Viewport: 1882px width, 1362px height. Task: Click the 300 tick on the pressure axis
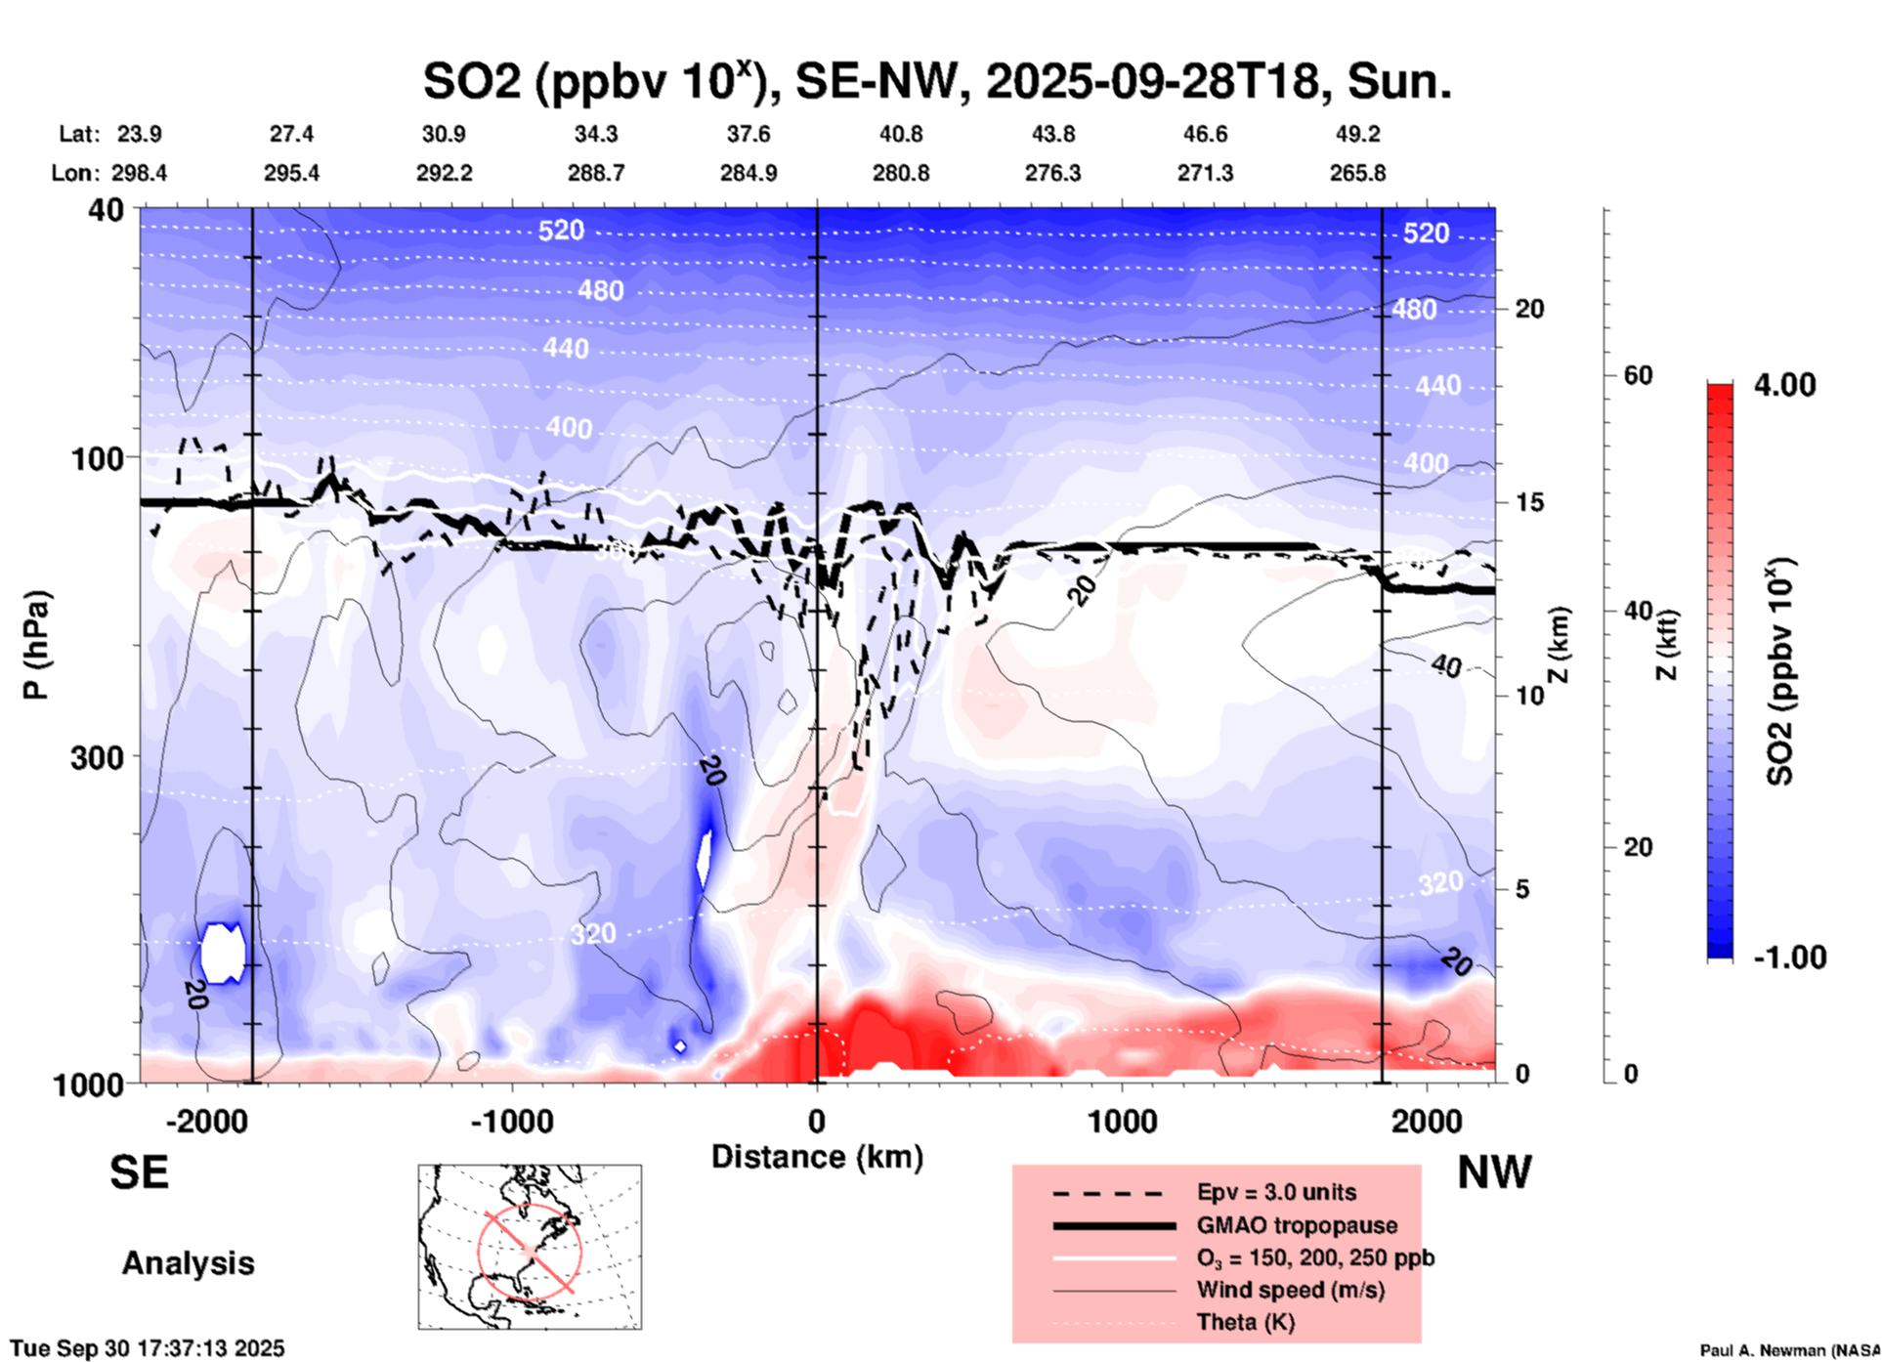tap(98, 757)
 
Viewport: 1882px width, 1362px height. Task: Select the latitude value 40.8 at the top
tap(900, 134)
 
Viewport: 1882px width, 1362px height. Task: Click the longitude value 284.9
tap(749, 173)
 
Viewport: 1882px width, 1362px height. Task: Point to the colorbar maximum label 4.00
tap(1784, 384)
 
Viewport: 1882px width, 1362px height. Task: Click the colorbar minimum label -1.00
tap(1789, 957)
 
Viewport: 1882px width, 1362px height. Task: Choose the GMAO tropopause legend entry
tap(1297, 1225)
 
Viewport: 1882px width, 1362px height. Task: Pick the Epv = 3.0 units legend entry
tap(1276, 1192)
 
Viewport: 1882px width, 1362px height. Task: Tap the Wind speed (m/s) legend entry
tap(1290, 1290)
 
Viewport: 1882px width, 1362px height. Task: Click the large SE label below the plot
tap(139, 1172)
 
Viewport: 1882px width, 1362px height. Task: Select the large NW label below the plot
tap(1494, 1172)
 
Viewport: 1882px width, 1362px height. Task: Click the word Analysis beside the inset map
tap(188, 1263)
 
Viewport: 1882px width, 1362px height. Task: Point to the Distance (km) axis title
tap(817, 1157)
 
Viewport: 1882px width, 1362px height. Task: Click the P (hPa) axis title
tap(36, 645)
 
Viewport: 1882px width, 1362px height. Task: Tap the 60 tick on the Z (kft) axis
tap(1638, 375)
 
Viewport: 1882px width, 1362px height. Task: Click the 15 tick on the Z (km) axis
tap(1529, 502)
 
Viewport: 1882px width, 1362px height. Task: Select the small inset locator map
tap(530, 1246)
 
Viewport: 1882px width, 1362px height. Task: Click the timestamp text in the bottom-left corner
tap(148, 1348)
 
